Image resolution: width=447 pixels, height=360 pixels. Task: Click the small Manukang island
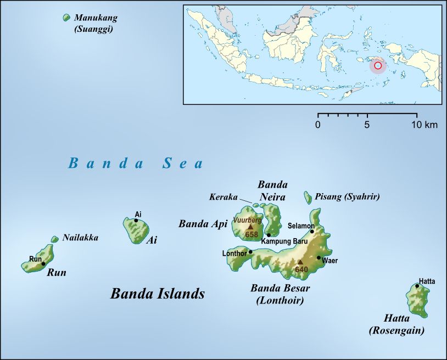(x=66, y=18)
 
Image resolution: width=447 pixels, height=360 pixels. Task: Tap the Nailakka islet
(x=54, y=239)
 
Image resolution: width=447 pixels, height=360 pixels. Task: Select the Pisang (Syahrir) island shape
(x=308, y=196)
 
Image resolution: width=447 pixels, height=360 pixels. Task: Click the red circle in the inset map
(x=377, y=66)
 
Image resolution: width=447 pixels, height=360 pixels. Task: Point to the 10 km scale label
(x=424, y=125)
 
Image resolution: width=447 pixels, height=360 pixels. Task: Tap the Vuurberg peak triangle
(x=250, y=226)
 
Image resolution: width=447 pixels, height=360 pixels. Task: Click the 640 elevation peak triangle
(x=300, y=262)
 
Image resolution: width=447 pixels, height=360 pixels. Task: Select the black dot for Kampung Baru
(x=269, y=235)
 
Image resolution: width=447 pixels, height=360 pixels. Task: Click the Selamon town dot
(x=312, y=231)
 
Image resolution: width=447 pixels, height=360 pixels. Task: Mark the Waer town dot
(x=319, y=257)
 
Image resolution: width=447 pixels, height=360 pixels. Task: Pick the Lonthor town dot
(x=250, y=252)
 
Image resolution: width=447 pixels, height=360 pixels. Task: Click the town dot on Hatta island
(x=417, y=286)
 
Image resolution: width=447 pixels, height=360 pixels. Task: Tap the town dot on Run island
(x=43, y=264)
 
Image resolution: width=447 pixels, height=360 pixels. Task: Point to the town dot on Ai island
(x=136, y=221)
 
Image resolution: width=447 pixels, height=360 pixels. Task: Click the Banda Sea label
(x=136, y=163)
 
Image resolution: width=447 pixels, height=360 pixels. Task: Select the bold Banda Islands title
(x=158, y=294)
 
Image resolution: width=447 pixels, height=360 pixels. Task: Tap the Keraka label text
(x=223, y=196)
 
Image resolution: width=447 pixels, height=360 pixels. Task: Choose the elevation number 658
(x=252, y=234)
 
